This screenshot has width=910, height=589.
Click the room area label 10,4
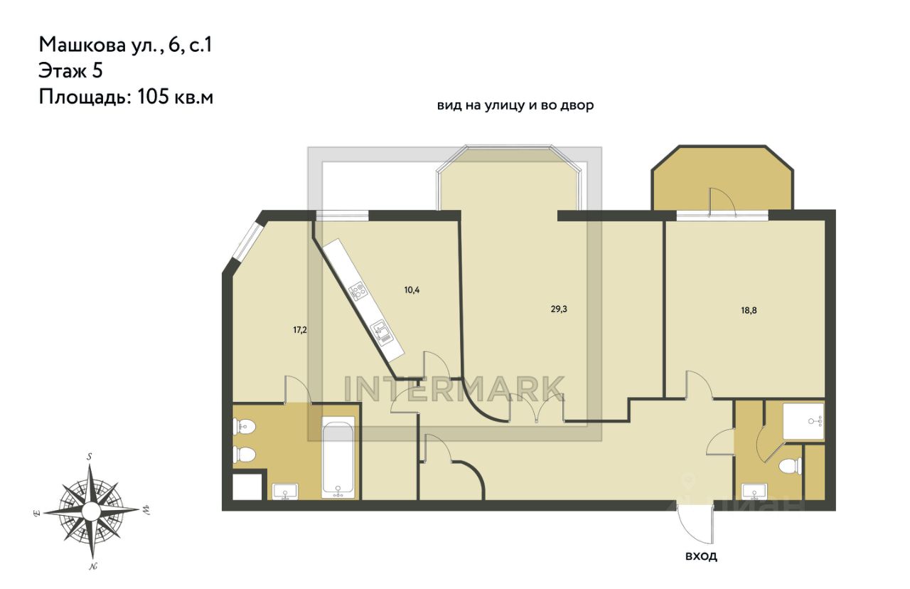(412, 290)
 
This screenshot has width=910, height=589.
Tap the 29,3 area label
(559, 309)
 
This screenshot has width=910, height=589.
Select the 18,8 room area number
(749, 311)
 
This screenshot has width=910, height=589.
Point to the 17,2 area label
(300, 329)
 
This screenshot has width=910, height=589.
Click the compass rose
(92, 510)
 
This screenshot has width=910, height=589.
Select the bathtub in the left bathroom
(338, 457)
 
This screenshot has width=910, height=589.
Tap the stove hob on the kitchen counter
(358, 291)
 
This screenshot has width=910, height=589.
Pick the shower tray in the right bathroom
(803, 421)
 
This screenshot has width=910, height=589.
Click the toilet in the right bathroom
(791, 466)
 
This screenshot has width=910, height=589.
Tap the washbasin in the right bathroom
(754, 491)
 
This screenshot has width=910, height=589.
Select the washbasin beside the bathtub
(286, 491)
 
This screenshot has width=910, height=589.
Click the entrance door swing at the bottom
(695, 524)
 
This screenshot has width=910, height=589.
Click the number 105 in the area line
(153, 97)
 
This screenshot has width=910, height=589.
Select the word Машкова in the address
(82, 45)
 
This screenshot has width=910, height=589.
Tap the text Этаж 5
(70, 70)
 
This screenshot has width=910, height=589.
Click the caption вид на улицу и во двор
(515, 106)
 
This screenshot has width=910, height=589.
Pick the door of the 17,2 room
(298, 389)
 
